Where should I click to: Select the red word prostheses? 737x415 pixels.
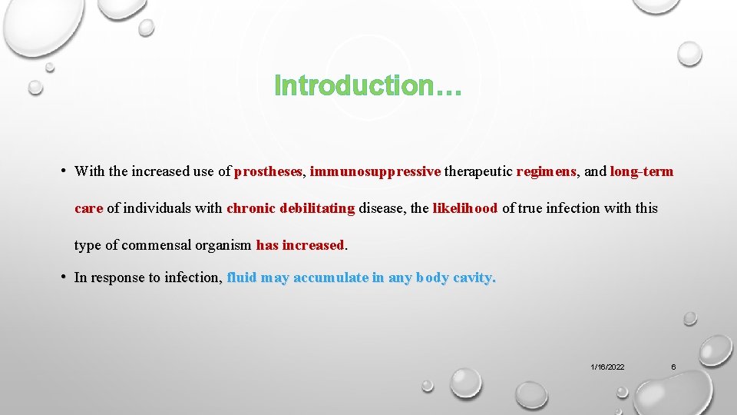coord(269,171)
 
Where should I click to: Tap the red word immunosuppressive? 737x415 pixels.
coord(375,171)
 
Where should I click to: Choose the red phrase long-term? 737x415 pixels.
coord(641,171)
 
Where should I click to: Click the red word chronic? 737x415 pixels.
coord(251,208)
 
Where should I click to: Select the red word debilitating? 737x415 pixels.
coord(317,208)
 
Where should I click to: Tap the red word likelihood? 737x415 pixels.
coord(465,208)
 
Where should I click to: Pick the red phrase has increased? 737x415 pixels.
coord(300,245)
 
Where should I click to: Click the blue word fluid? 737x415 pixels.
coord(242,278)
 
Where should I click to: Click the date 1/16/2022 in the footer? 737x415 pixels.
coord(607,367)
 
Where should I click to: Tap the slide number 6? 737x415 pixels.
coord(673,367)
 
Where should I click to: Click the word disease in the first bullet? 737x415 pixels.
coord(382,208)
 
